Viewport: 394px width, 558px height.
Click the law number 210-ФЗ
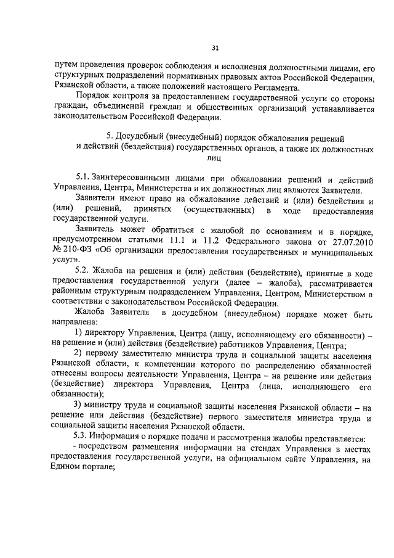point(79,249)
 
